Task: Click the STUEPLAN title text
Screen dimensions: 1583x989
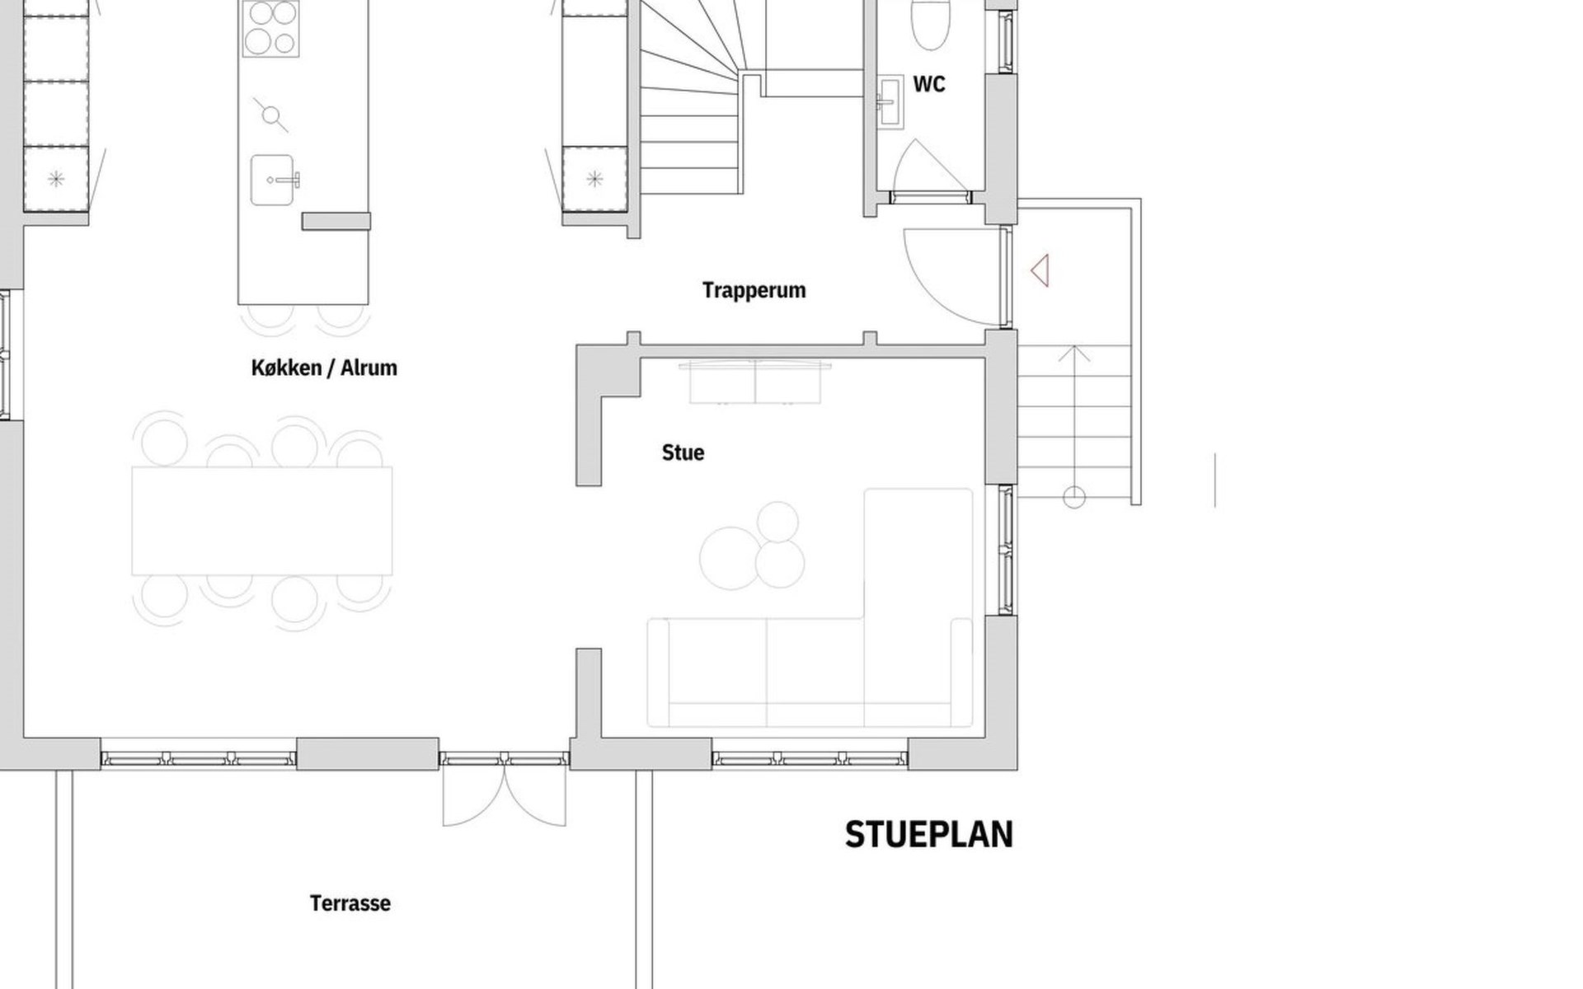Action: coord(929,835)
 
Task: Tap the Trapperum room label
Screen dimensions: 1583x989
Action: coord(754,290)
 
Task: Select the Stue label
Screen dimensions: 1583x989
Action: coord(683,452)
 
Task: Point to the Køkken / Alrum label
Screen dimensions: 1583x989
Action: coord(324,368)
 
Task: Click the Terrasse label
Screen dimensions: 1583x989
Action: coord(350,903)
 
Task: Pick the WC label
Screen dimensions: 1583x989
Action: coord(929,84)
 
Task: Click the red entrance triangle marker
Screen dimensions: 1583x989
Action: coord(1040,270)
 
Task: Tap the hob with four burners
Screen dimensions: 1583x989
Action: coord(271,28)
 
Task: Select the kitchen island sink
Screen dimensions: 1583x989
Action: coord(275,180)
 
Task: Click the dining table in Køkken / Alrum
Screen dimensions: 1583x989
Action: coord(262,521)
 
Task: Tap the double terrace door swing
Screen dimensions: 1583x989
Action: coord(505,795)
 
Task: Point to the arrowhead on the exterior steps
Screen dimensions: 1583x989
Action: coord(1073,354)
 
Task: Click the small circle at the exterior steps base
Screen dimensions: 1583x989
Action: coord(1073,497)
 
